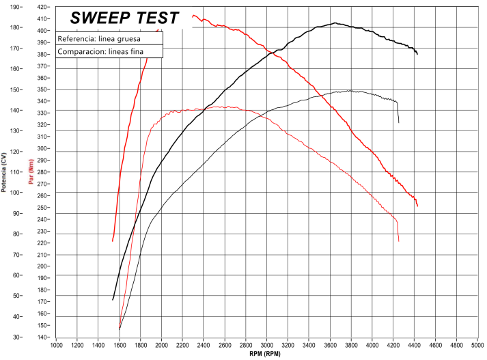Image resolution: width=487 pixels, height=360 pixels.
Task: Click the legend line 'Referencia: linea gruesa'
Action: pos(100,39)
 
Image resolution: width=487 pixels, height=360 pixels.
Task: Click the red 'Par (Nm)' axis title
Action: pos(30,171)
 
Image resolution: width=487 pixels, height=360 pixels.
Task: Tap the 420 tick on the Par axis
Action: pos(42,7)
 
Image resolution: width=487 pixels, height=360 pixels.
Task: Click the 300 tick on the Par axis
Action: pos(42,148)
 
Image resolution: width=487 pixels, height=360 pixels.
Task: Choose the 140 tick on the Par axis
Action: pos(42,337)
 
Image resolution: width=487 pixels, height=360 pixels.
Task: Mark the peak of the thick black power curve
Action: pos(335,23)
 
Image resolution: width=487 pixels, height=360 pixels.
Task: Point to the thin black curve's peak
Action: pos(350,90)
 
